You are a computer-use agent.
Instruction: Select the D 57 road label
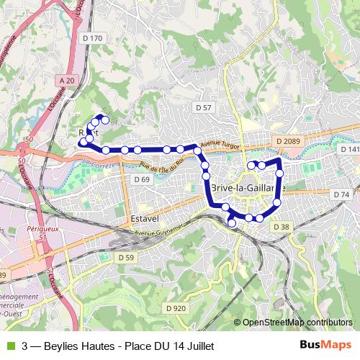(x=204, y=107)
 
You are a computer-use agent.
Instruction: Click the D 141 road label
(x=350, y=150)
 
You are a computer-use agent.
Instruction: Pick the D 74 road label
(x=341, y=195)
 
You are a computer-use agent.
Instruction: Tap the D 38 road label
(x=281, y=226)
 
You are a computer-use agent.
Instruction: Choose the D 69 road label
(x=141, y=179)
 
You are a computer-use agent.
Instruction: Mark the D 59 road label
(x=125, y=257)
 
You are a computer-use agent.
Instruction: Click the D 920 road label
(x=175, y=308)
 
